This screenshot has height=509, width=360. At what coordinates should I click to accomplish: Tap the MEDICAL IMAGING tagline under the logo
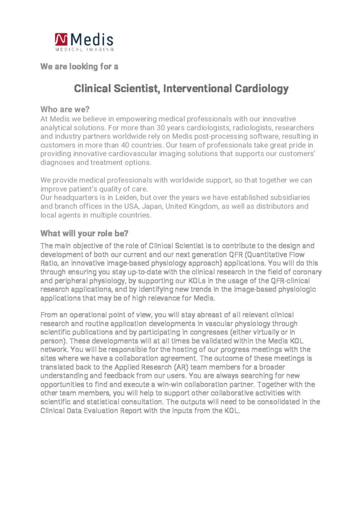click(85, 49)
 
